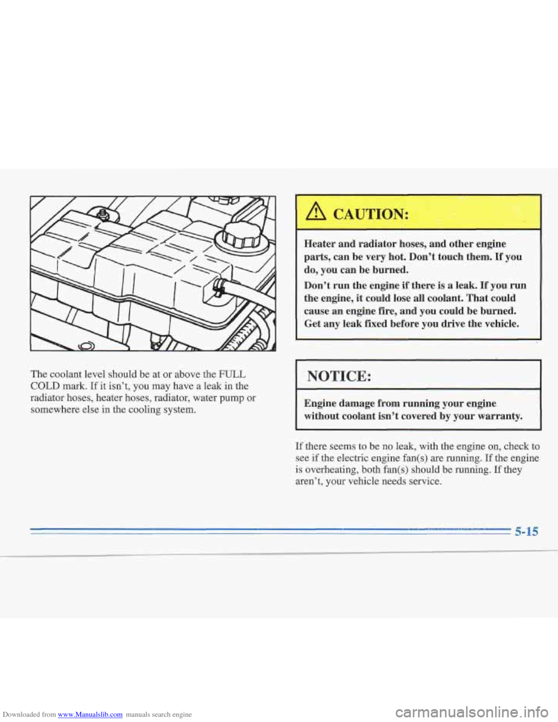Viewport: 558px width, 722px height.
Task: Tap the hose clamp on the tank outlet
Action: [x=220, y=287]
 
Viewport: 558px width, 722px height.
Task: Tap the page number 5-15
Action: [x=525, y=530]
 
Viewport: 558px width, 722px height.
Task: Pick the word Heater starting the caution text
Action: [x=323, y=244]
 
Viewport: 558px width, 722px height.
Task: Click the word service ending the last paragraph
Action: [x=425, y=481]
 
